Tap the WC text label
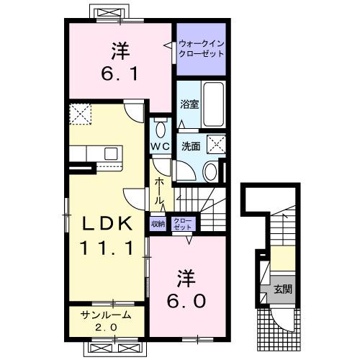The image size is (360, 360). click(159, 146)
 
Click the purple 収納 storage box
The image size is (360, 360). click(158, 224)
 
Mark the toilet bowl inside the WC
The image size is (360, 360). click(160, 130)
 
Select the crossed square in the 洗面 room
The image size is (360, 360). click(216, 143)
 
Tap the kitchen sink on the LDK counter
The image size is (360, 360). click(112, 153)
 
